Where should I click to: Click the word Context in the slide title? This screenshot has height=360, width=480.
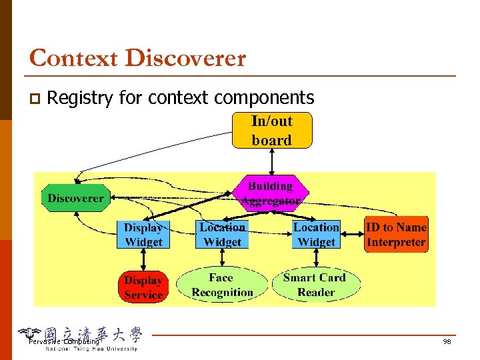74,58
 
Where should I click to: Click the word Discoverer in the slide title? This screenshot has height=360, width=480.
185,58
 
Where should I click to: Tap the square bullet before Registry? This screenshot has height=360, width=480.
34,99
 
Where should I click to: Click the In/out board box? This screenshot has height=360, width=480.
271,131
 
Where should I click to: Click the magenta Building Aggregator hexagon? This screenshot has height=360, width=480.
270,193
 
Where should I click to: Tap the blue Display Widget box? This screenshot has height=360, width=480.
143,235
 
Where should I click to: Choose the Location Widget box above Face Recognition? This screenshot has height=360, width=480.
222,235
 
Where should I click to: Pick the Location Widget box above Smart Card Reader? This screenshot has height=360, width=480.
316,235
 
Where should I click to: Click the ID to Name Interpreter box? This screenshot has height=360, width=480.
396,235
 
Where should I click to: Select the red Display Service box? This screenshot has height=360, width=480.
143,287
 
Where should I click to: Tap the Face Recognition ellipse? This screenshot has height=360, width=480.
222,285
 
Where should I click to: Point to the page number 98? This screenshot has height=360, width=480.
447,342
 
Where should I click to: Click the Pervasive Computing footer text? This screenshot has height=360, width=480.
63,342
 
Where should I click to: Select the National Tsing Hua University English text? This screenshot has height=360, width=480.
91,349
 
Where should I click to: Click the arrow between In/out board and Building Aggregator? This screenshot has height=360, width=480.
271,161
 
